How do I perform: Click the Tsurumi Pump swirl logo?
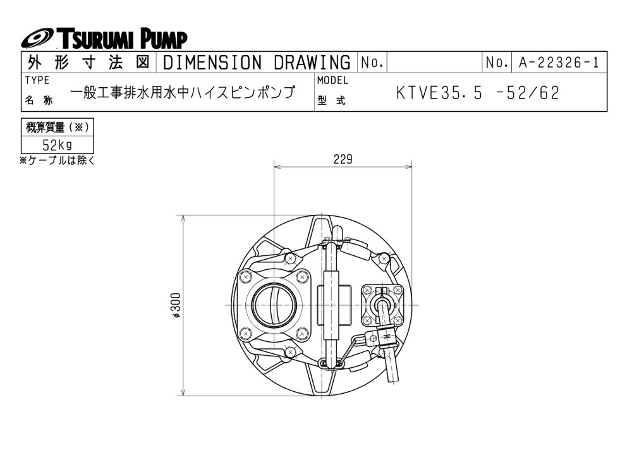click(37, 39)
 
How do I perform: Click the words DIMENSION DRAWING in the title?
click(257, 63)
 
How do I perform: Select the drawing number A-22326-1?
click(559, 63)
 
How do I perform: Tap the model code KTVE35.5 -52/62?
click(478, 93)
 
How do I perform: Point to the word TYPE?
click(37, 80)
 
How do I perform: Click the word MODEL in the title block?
click(332, 80)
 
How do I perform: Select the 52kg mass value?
click(57, 145)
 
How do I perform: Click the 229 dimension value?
click(343, 159)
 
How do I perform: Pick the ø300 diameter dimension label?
click(176, 305)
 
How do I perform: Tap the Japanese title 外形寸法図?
click(88, 63)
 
